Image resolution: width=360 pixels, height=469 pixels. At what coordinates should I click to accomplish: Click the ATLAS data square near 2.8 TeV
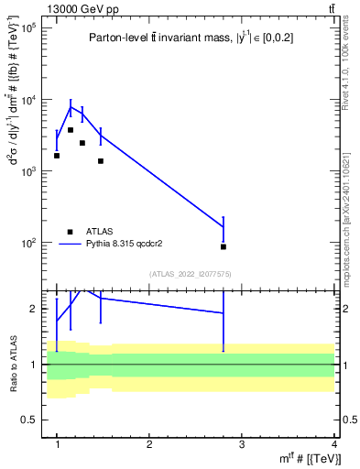224,246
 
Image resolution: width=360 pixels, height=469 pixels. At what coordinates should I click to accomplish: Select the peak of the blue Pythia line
71,107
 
